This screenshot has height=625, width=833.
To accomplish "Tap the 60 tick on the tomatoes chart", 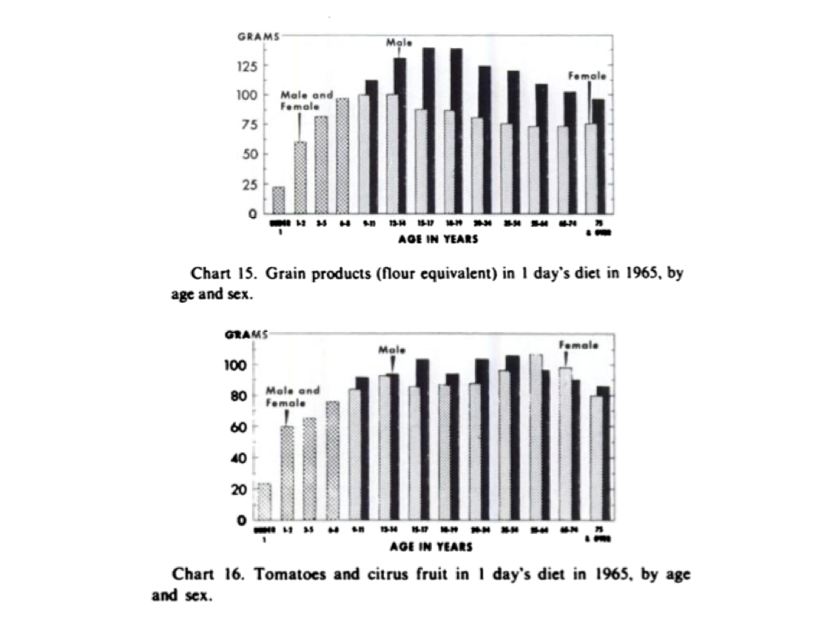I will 243,426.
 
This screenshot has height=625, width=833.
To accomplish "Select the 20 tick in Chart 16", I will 243,490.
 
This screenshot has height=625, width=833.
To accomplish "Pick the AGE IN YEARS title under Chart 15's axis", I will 438,240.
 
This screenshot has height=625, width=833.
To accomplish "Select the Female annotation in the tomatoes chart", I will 578,345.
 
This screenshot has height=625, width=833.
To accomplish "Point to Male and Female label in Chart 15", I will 307,100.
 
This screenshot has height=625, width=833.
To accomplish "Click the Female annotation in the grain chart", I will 587,76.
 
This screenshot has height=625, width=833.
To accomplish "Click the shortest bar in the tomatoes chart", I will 263,501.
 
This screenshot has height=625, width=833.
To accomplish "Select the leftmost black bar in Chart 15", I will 372,146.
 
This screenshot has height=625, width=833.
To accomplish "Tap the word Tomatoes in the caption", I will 284,575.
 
